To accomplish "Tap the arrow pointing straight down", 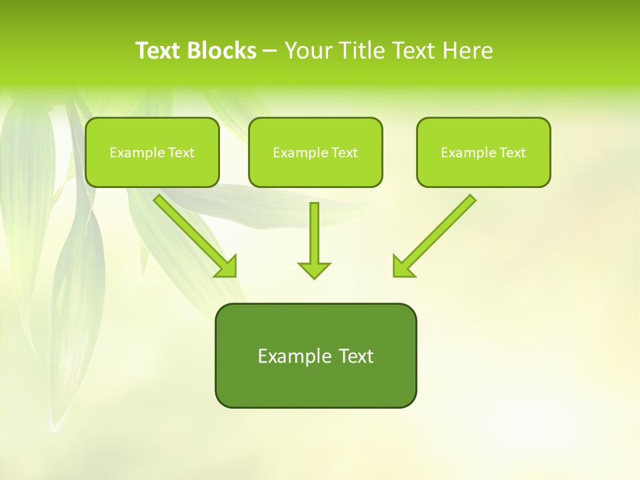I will [x=314, y=240].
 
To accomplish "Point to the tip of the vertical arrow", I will [x=314, y=277].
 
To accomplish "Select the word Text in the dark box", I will [x=356, y=356].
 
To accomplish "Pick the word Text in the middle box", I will [x=344, y=153].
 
